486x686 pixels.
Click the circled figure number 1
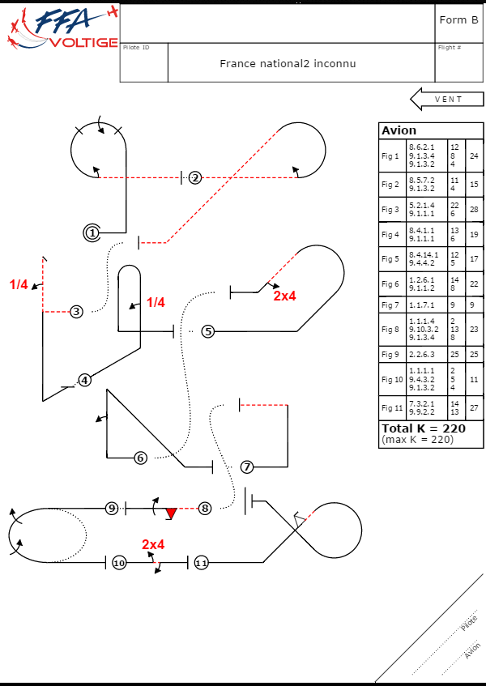[92, 232]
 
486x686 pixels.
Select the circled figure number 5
[208, 331]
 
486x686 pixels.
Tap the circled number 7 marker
[247, 467]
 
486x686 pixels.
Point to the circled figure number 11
[202, 562]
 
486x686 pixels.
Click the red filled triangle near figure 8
[171, 513]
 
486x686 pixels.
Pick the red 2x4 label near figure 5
[284, 296]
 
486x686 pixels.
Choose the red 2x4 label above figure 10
[153, 544]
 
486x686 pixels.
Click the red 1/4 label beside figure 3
[19, 284]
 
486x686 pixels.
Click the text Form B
[458, 20]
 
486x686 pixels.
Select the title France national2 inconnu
[288, 63]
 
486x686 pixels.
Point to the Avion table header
[399, 130]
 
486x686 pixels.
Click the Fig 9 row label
[391, 355]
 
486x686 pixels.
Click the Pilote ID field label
[136, 48]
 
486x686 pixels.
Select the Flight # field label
[450, 48]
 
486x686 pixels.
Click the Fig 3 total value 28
[474, 210]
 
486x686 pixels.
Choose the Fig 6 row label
[391, 284]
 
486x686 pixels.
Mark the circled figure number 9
[113, 509]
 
